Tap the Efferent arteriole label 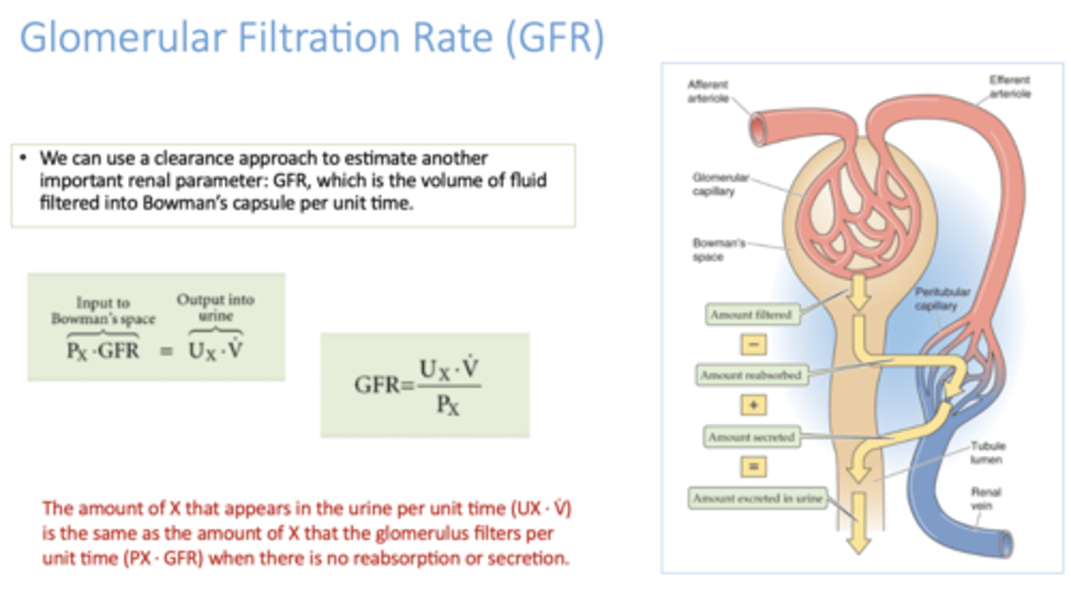click(1009, 87)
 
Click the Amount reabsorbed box click(752, 376)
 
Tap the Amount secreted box click(751, 437)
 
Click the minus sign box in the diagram click(753, 345)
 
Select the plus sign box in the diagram click(753, 406)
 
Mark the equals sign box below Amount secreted click(753, 467)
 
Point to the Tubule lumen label click(988, 453)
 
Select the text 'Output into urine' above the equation click(215, 307)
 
